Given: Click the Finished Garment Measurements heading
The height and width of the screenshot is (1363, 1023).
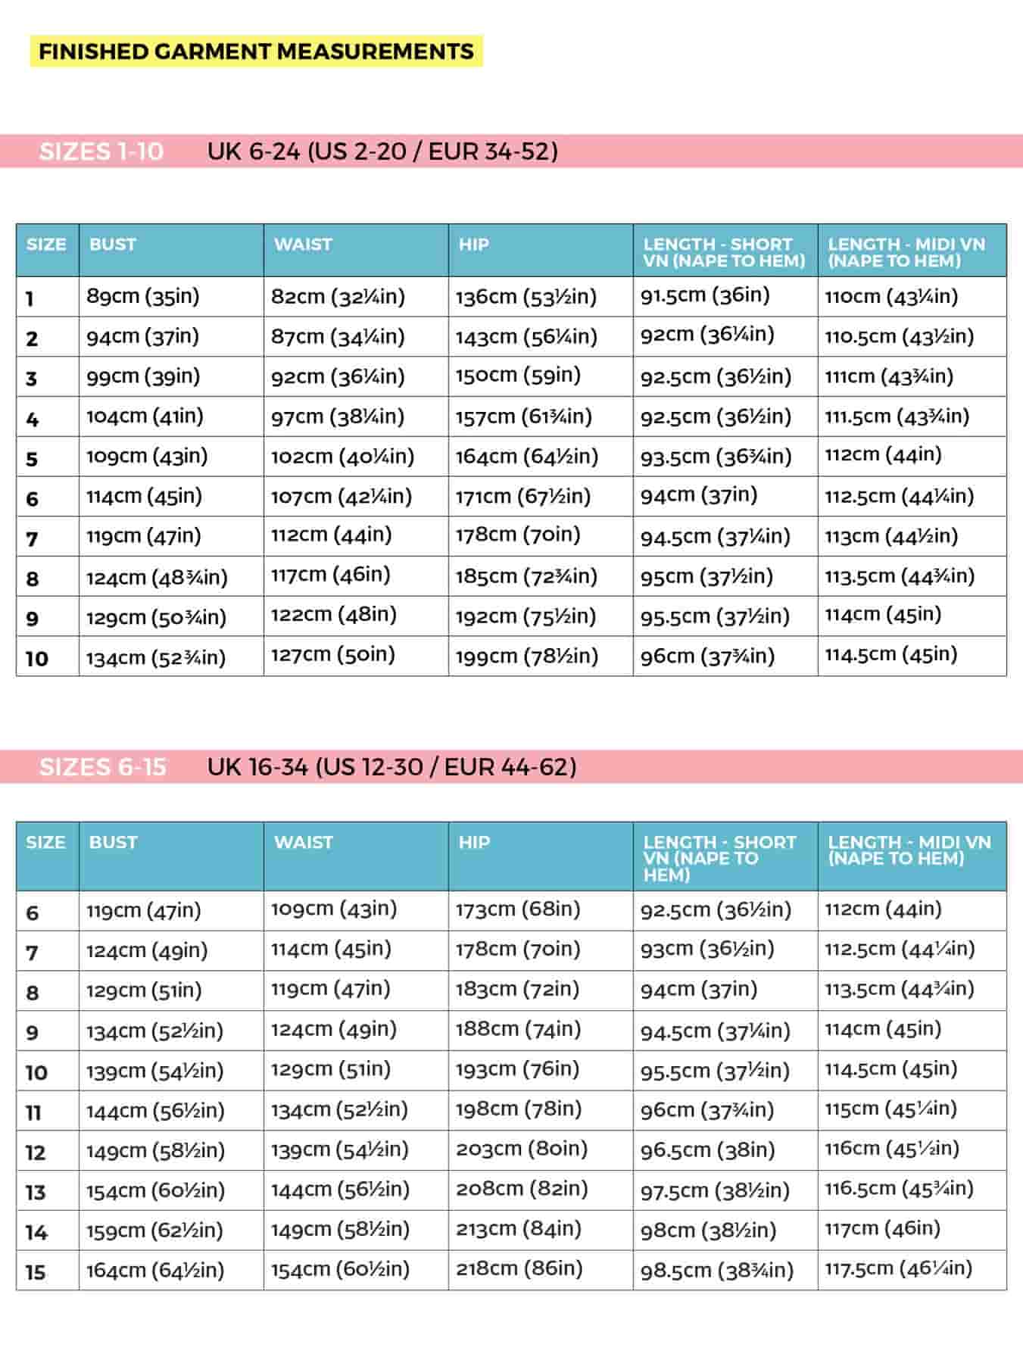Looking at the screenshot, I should point(256,51).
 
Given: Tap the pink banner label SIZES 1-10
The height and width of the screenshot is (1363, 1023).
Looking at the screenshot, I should point(101,151).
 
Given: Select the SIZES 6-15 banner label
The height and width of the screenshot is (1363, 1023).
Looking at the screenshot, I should point(103,767).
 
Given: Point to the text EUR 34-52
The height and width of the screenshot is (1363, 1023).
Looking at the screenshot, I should point(493,151).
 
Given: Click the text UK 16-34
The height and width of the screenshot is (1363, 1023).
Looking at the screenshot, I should point(257,767).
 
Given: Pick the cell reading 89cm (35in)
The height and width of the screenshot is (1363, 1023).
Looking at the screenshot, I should point(143,296).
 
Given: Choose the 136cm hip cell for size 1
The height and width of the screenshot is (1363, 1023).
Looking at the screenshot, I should point(526,297).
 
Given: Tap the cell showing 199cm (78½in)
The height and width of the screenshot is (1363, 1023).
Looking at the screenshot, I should point(526,656).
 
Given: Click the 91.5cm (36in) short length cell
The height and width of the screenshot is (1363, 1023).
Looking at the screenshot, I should point(705,295).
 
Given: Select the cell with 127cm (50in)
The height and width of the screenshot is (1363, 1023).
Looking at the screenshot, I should point(333,654).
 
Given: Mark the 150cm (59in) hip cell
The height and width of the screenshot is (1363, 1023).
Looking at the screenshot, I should point(518,376).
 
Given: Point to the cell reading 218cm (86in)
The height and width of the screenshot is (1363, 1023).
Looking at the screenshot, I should point(519,1268).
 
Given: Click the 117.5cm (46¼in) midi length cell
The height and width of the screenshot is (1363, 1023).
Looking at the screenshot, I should point(898,1268).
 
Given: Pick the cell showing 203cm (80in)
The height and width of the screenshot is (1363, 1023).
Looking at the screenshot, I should point(522,1149).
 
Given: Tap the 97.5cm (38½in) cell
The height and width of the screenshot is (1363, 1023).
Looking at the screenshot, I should point(715,1190).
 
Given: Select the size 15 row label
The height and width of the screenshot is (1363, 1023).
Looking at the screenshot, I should point(36,1272).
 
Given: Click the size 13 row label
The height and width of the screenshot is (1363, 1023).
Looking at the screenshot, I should point(36,1193).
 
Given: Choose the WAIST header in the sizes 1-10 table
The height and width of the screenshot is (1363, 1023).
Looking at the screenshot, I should point(303,245).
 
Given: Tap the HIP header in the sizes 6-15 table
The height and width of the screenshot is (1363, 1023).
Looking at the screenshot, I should point(474,842).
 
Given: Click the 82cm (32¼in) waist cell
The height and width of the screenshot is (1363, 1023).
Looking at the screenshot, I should point(338,297).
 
